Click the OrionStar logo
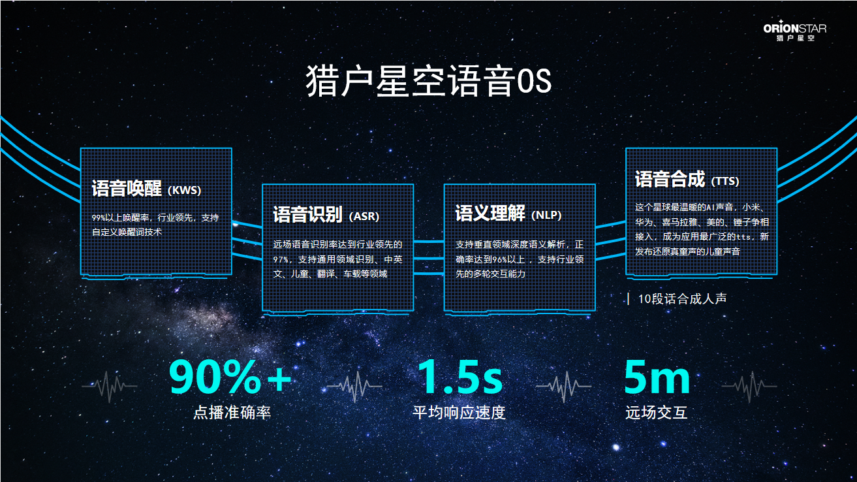[x=794, y=32]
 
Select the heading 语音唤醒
[x=127, y=189]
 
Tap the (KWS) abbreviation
[x=184, y=191]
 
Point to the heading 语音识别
[x=307, y=214]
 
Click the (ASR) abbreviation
[x=364, y=216]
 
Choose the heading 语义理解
[x=490, y=214]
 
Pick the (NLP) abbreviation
[x=546, y=215]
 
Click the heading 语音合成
[x=670, y=179]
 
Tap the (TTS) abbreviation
[x=725, y=181]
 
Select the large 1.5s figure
[x=460, y=378]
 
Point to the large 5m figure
[x=657, y=378]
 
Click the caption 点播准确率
[x=232, y=413]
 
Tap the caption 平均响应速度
[x=459, y=413]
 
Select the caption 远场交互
[x=656, y=413]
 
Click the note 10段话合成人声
[x=682, y=299]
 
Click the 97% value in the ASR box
[x=281, y=259]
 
